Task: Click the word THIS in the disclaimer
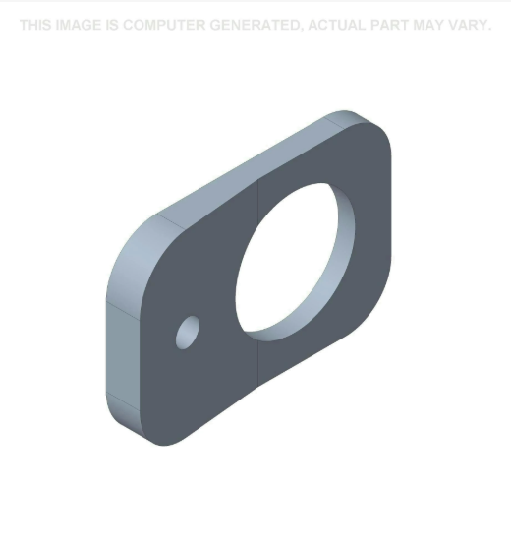37,25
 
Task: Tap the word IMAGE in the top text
80,25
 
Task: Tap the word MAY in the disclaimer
434,25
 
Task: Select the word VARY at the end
472,25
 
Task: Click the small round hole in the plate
187,333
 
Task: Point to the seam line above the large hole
258,197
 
